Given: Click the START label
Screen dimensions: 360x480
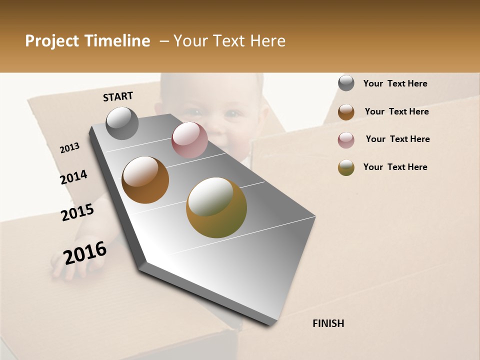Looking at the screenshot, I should tap(118, 96).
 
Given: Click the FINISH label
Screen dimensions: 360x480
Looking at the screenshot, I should tap(328, 323).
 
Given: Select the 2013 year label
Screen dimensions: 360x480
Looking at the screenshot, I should tap(69, 148).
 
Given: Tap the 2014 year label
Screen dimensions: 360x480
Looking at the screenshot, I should tap(73, 177).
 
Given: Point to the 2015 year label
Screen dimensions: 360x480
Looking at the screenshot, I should tap(77, 212).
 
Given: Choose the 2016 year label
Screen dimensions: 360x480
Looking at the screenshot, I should tap(85, 252).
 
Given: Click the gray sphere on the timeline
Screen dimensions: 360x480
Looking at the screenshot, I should tap(122, 123).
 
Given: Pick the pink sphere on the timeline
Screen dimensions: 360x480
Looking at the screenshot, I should tap(189, 140).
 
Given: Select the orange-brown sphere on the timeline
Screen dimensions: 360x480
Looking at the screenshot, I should tap(145, 180).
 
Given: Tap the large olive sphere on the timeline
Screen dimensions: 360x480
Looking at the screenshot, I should tap(216, 207).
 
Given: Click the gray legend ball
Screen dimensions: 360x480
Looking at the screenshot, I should tap(346, 83).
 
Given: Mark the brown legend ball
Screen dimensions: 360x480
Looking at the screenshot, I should tap(346, 111).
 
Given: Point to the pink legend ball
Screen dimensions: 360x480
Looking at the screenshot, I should tap(346, 139).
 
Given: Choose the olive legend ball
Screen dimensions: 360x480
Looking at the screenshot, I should tap(346, 167).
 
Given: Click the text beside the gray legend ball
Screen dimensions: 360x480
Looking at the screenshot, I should tap(395, 83).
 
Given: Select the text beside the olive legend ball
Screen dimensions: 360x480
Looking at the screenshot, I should tap(395, 167).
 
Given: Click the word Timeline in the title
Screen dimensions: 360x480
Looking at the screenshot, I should tap(117, 41).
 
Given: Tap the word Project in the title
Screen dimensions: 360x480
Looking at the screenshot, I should tap(51, 41).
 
